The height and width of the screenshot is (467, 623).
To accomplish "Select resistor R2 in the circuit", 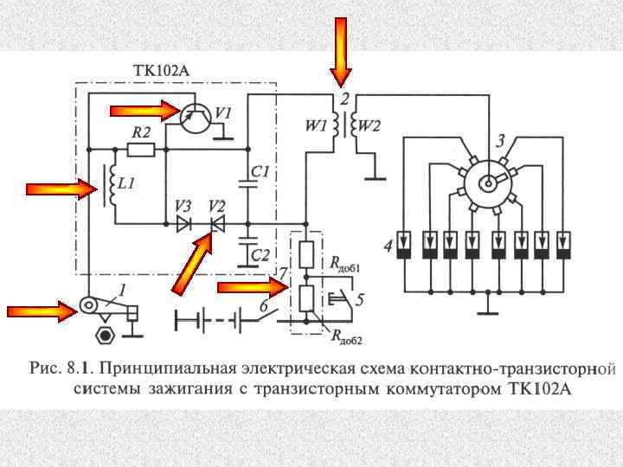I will click(141, 149).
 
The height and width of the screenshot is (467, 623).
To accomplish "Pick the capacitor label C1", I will click(259, 173).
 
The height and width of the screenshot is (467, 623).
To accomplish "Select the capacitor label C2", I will click(259, 253).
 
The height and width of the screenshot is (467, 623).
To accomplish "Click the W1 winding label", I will click(315, 126).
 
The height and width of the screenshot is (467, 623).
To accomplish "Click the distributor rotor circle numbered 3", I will click(490, 180).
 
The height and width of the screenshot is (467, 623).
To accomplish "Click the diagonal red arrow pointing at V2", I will click(193, 264).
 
